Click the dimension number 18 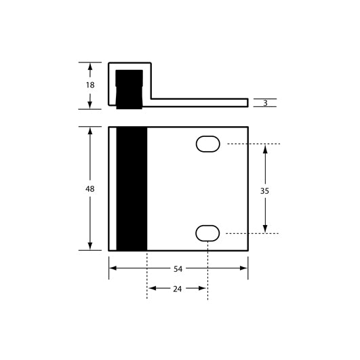(x=90, y=85)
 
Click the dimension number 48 (x=90, y=189)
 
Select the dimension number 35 (x=264, y=191)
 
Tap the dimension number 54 (x=178, y=268)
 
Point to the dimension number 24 (x=177, y=289)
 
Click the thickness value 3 (x=265, y=103)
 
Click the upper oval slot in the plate (x=208, y=144)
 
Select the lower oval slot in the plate (x=208, y=233)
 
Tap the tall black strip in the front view (x=132, y=188)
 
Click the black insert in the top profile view (x=129, y=88)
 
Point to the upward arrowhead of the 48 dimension (x=90, y=132)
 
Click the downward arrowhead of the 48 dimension (x=90, y=245)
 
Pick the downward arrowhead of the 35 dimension (x=264, y=228)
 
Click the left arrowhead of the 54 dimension (x=113, y=268)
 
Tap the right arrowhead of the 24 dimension (x=203, y=289)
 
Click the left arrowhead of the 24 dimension (x=152, y=289)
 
